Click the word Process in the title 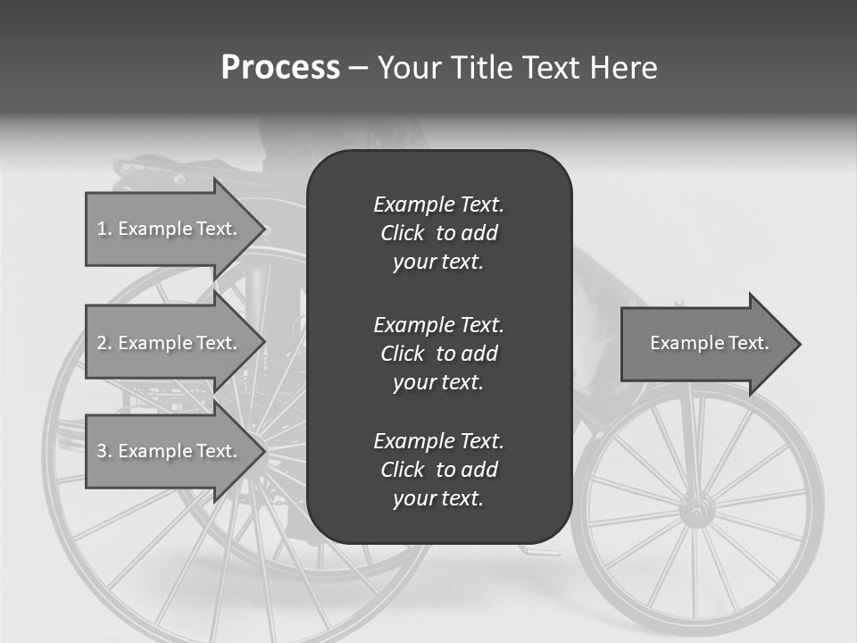pyautogui.click(x=280, y=68)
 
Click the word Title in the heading pyautogui.click(x=480, y=68)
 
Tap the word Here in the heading pyautogui.click(x=623, y=68)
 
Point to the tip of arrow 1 pyautogui.click(x=264, y=229)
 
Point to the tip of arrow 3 pyautogui.click(x=264, y=451)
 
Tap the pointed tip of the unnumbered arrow pyautogui.click(x=799, y=344)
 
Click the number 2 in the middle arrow pyautogui.click(x=102, y=343)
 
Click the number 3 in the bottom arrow pyautogui.click(x=102, y=451)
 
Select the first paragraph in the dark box pyautogui.click(x=438, y=233)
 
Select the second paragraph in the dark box pyautogui.click(x=438, y=354)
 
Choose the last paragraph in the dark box pyautogui.click(x=438, y=470)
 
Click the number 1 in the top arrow pyautogui.click(x=102, y=229)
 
